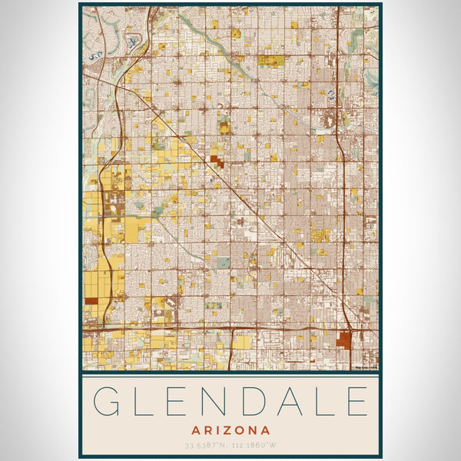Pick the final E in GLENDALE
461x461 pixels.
tap(356, 402)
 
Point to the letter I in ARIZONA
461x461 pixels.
tap(217, 430)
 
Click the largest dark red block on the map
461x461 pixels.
tap(343, 340)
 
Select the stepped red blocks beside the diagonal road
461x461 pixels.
tap(217, 161)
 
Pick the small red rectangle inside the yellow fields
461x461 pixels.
tap(91, 301)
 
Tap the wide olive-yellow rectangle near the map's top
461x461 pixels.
tap(270, 60)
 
